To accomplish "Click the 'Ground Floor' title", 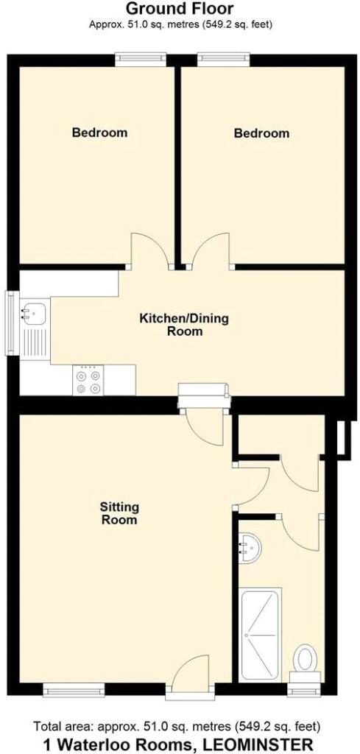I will click(180, 10).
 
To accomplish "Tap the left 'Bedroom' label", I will click(99, 133).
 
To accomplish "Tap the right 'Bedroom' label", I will click(261, 133).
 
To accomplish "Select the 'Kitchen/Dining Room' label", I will click(184, 325).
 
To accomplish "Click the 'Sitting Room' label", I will click(119, 513).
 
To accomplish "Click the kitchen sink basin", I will click(32, 314).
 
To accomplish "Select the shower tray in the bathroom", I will click(261, 634).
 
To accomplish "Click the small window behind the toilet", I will click(305, 690).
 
